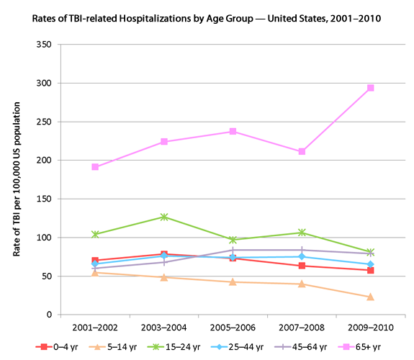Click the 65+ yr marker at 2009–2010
371,88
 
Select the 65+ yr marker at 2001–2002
95,167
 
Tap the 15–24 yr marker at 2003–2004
164,217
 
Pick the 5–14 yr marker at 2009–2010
371,297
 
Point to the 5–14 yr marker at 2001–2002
95,272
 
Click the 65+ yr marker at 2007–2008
302,152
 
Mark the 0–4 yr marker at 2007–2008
302,266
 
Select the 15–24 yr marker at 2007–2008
302,233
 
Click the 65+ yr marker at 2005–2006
233,132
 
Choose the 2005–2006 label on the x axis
233,326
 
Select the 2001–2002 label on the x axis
95,326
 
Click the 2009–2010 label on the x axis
371,326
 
